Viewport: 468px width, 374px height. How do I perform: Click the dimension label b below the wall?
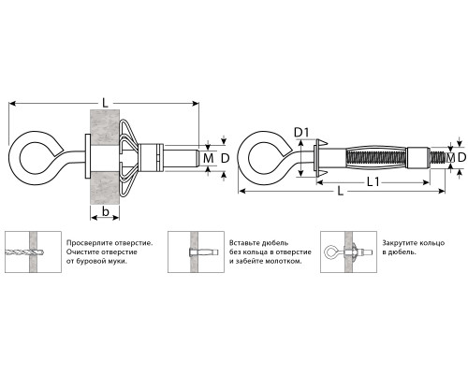click(x=106, y=211)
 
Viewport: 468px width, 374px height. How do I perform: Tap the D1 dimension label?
click(x=301, y=133)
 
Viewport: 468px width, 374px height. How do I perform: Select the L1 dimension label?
click(x=373, y=181)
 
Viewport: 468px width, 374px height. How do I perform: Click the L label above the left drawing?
click(x=105, y=103)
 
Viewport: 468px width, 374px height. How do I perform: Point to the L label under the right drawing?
click(x=341, y=191)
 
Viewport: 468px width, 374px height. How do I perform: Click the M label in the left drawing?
click(x=208, y=158)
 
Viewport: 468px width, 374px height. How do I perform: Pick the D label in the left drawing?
click(x=225, y=158)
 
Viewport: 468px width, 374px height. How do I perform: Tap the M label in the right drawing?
click(x=450, y=158)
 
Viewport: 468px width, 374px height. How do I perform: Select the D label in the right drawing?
click(x=461, y=158)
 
